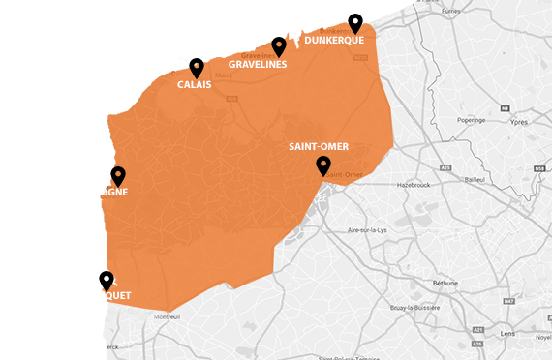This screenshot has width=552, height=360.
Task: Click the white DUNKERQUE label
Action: pos(334,42)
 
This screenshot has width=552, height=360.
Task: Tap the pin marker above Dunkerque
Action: pos(355,22)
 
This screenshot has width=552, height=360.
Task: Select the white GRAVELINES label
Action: pos(258,65)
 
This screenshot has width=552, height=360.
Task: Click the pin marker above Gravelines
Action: pos(279,45)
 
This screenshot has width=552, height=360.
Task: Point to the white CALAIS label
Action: pos(195,85)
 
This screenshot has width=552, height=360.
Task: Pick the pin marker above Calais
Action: pos(197,67)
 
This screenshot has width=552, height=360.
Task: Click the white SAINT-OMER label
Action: pos(319,147)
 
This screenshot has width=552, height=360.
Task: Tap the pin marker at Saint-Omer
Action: pos(323,165)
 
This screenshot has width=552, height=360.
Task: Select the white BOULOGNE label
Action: pos(102,192)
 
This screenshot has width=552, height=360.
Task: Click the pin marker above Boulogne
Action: pos(118,175)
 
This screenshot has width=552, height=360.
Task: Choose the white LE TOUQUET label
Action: pos(104,294)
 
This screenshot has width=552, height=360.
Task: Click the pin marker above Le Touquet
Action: pos(106,280)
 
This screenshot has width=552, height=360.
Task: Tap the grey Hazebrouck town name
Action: pos(412,183)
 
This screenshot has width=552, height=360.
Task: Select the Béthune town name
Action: pos(445,283)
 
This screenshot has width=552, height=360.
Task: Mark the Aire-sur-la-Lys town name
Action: pos(367,230)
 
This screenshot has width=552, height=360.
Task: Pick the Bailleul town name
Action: pos(474,179)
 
